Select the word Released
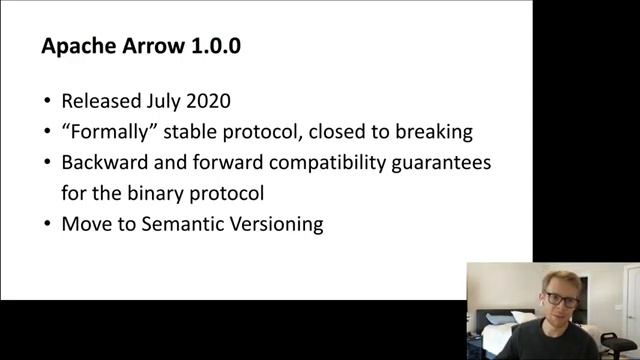[x=101, y=101]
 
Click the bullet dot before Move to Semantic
[x=47, y=224]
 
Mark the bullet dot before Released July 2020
[x=47, y=102]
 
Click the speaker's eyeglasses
[x=562, y=299]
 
